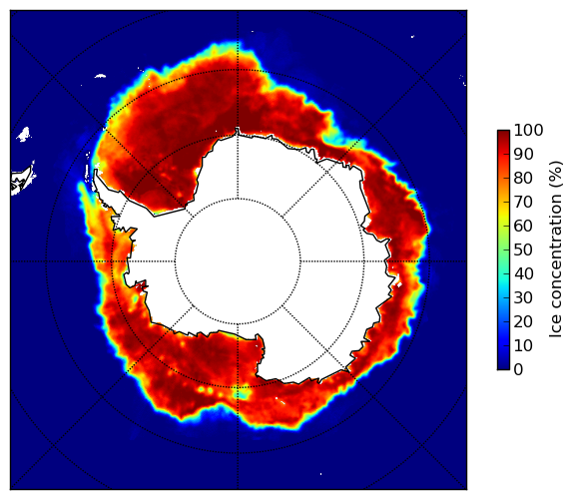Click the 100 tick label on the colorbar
point(528,130)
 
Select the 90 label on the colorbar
point(523,154)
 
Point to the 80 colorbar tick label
point(523,178)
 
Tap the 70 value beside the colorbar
point(523,202)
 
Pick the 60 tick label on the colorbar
point(523,226)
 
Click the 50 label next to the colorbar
point(523,250)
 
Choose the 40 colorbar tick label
point(523,273)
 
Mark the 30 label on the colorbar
point(523,298)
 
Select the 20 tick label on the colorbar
point(523,321)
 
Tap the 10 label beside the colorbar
point(523,345)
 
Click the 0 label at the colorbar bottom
point(519,370)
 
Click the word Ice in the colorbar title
point(556,326)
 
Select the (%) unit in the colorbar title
point(556,175)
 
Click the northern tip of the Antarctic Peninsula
point(96,171)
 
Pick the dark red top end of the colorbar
point(503,134)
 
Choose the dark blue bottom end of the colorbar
point(503,366)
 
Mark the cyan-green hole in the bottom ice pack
point(242,394)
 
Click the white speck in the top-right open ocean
point(412,36)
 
